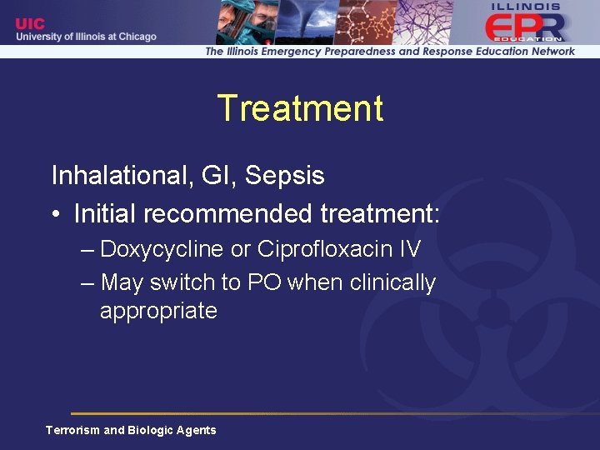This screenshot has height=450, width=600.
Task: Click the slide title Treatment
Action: [300, 109]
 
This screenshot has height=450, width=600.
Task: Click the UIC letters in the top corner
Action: [30, 24]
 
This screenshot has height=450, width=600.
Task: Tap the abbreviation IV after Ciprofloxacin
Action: [409, 249]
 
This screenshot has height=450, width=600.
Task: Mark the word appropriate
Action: [158, 312]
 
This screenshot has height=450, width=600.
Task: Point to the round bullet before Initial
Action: [56, 215]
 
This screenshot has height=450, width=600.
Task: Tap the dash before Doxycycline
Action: [87, 250]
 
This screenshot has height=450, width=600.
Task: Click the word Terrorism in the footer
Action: [72, 430]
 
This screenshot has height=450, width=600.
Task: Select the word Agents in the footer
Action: [196, 430]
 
